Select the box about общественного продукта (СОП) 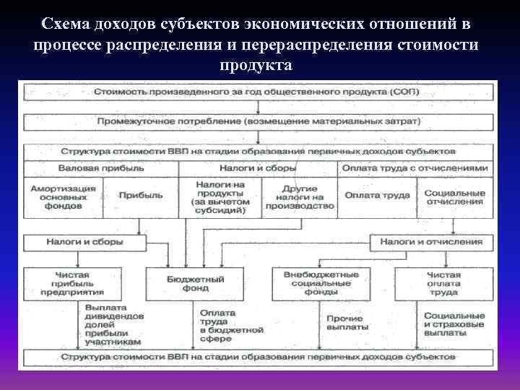[x=260, y=92]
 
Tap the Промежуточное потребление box [x=260, y=121]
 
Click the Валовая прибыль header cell [x=100, y=168]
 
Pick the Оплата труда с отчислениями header [x=415, y=168]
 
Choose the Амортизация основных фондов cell [x=63, y=195]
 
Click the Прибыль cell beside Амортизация [x=140, y=195]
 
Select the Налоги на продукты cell [x=220, y=195]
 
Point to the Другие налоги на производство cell [x=299, y=195]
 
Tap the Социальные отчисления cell [x=454, y=195]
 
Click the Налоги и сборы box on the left [x=85, y=241]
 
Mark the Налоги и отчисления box [x=432, y=241]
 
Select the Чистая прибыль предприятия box [x=72, y=283]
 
